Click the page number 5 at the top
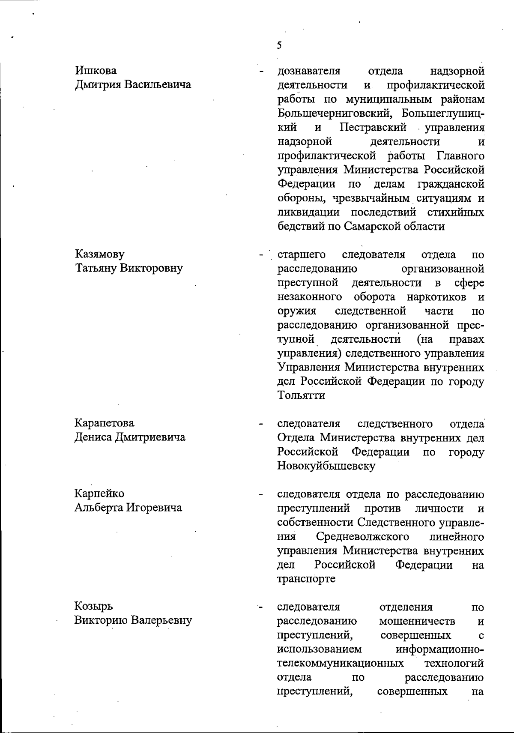pyautogui.click(x=279, y=45)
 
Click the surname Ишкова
pyautogui.click(x=96, y=70)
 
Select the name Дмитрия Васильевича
pyautogui.click(x=133, y=84)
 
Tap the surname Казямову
pyautogui.click(x=100, y=254)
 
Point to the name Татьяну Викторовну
pyautogui.click(x=129, y=268)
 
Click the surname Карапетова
pyautogui.click(x=105, y=423)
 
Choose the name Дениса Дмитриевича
pyautogui.click(x=130, y=437)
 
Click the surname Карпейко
pyautogui.click(x=99, y=494)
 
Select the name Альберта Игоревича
pyautogui.click(x=128, y=508)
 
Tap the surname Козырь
pyautogui.click(x=93, y=607)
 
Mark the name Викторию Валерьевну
pyautogui.click(x=133, y=620)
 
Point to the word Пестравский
pyautogui.click(x=373, y=127)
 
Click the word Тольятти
pyautogui.click(x=301, y=395)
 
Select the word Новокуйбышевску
pyautogui.click(x=326, y=466)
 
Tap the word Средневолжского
pyautogui.click(x=362, y=536)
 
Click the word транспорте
pyautogui.click(x=306, y=579)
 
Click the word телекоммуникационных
pyautogui.click(x=341, y=663)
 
